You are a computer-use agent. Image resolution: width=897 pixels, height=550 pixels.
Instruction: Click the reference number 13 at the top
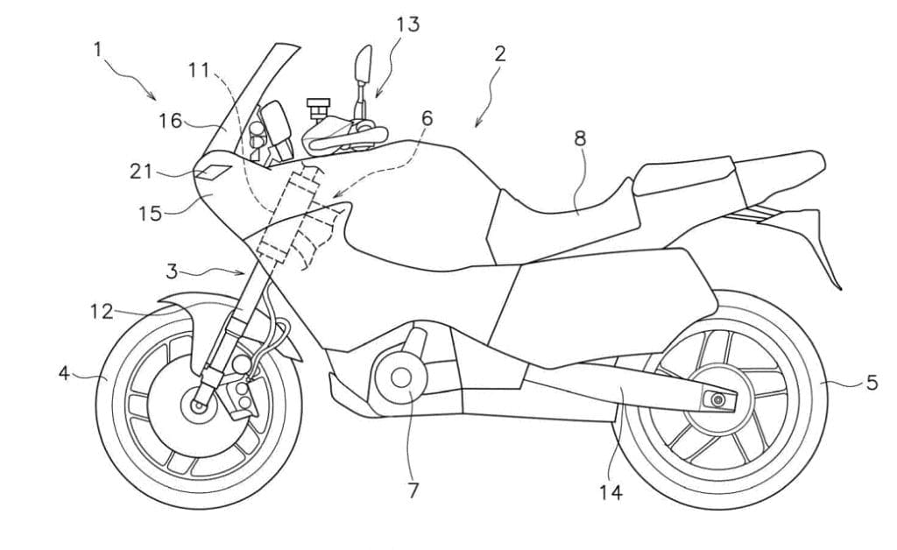click(407, 24)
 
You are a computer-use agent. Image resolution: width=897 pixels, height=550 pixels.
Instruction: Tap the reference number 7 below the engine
click(413, 490)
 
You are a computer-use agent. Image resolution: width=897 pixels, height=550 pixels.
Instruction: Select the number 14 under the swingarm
click(611, 492)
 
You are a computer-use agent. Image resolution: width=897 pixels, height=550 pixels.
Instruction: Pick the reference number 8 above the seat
click(580, 137)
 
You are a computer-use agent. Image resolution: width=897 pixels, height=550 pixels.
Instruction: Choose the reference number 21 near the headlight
click(141, 173)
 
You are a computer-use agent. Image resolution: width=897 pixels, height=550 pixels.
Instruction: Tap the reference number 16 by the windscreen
click(171, 121)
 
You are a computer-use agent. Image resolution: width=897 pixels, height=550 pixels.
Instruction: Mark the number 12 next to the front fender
click(100, 310)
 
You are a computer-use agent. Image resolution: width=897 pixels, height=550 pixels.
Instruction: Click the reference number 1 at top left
click(99, 49)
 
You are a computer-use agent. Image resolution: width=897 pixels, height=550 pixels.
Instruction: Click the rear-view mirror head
click(362, 64)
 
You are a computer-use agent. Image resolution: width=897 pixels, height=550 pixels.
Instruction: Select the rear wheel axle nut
click(717, 400)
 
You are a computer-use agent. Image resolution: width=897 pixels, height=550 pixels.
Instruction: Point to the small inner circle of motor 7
click(402, 378)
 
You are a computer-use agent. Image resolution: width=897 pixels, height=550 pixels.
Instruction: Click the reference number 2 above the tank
click(499, 53)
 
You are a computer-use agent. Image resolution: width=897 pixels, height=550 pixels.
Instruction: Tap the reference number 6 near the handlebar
click(427, 117)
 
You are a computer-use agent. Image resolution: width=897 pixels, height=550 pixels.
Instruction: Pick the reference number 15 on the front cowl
click(151, 213)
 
